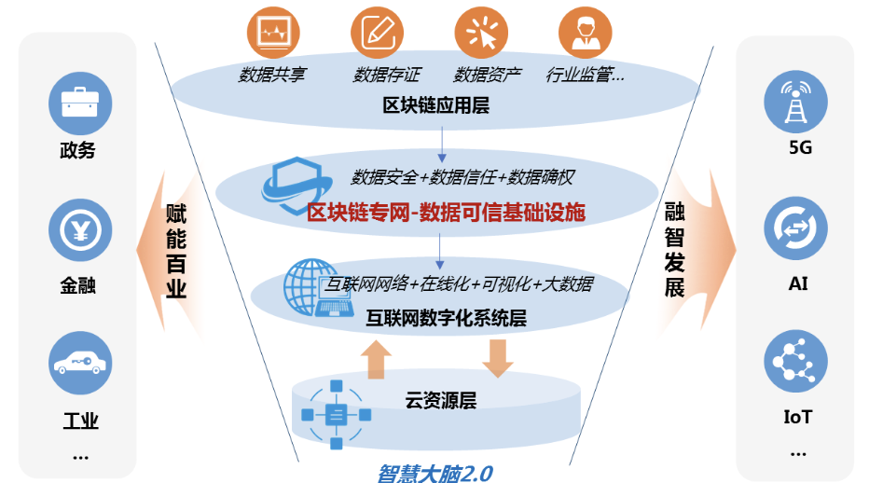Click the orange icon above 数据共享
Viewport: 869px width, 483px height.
pyautogui.click(x=272, y=34)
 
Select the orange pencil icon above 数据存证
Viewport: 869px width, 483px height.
pyautogui.click(x=377, y=34)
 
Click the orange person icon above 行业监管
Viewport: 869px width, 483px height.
pyautogui.click(x=586, y=34)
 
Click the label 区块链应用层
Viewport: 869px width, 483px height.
pyautogui.click(x=436, y=104)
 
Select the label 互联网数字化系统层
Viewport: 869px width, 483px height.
pyautogui.click(x=446, y=318)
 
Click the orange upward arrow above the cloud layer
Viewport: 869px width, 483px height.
pyautogui.click(x=376, y=359)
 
